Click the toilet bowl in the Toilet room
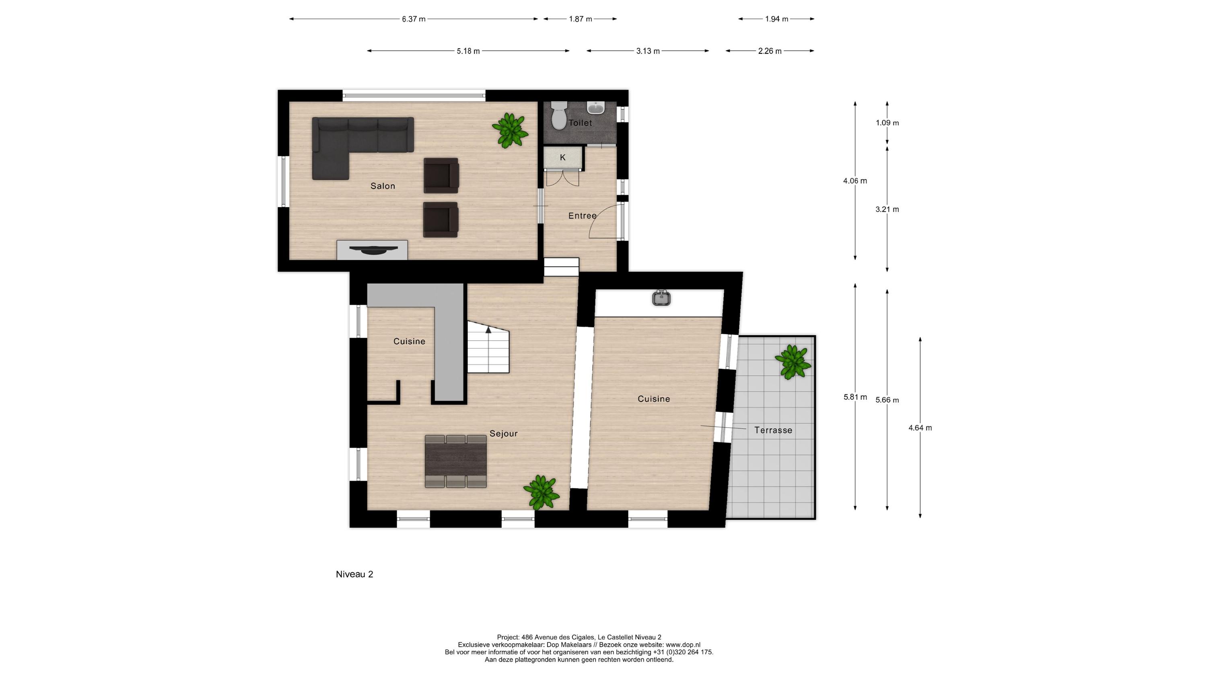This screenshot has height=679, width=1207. [x=558, y=117]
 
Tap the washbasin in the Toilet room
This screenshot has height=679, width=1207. [x=595, y=108]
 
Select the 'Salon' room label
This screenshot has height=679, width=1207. [x=382, y=186]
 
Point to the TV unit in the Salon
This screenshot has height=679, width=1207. [x=372, y=250]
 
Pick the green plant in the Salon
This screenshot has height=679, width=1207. [x=509, y=130]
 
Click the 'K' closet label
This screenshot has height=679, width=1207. [x=562, y=157]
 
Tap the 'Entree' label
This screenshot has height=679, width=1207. [x=582, y=216]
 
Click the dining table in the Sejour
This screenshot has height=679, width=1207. [x=455, y=461]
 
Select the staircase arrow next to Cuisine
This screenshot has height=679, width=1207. [x=488, y=330]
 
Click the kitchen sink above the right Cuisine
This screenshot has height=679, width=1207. [x=661, y=298]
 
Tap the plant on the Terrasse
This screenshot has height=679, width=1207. [x=792, y=361]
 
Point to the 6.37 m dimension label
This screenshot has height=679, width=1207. [x=413, y=19]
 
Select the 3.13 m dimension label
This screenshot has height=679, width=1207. [x=647, y=51]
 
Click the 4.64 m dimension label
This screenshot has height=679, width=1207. [x=920, y=428]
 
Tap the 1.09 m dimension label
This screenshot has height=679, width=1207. [x=887, y=123]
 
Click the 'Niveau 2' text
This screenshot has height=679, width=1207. [x=354, y=574]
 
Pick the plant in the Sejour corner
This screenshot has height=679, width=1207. [x=541, y=492]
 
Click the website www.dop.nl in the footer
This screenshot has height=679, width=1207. [x=683, y=645]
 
